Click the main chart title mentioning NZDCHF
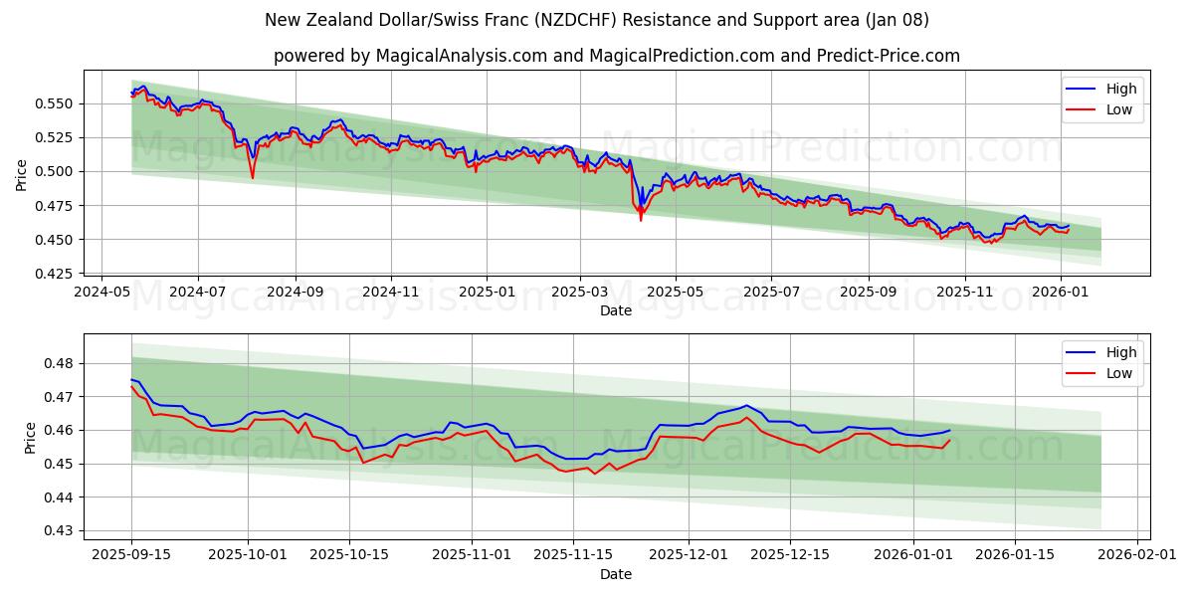click(x=597, y=20)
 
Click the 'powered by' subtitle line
click(x=617, y=56)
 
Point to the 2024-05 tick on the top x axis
click(x=102, y=293)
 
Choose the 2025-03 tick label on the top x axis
click(x=580, y=293)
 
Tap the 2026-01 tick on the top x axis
click(x=1060, y=293)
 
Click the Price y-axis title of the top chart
click(x=22, y=175)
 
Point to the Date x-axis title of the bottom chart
click(x=616, y=574)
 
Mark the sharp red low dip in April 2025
click(x=641, y=219)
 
